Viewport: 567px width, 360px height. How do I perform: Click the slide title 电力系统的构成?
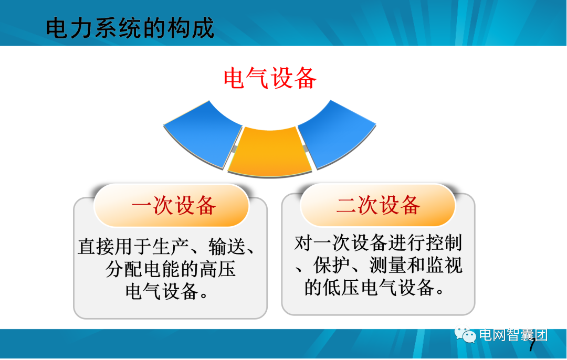130,28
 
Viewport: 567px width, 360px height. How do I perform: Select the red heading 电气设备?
270,79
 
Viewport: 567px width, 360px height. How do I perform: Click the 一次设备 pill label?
174,206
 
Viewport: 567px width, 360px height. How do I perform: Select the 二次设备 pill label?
378,205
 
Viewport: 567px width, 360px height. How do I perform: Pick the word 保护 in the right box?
328,266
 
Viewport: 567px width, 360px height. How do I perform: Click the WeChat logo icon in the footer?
466,334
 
